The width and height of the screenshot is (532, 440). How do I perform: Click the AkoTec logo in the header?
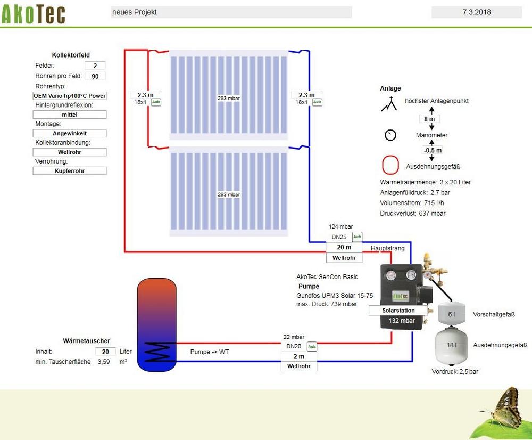pyautogui.click(x=34, y=14)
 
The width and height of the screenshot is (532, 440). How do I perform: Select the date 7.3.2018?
pyautogui.click(x=476, y=12)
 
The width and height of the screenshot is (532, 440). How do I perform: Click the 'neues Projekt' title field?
pyautogui.click(x=231, y=12)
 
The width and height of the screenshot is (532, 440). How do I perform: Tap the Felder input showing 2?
pyautogui.click(x=95, y=66)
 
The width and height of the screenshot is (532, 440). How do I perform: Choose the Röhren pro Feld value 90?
pyautogui.click(x=95, y=76)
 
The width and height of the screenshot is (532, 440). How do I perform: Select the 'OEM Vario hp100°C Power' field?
pyautogui.click(x=70, y=96)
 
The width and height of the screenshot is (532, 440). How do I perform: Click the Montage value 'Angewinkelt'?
pyautogui.click(x=70, y=133)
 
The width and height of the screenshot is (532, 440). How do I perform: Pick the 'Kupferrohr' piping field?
pyautogui.click(x=70, y=171)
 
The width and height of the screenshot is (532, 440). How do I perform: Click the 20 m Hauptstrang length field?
pyautogui.click(x=344, y=247)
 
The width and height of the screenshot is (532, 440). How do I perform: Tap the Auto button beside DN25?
pyautogui.click(x=358, y=237)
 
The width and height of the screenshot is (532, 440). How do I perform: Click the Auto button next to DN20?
pyautogui.click(x=312, y=346)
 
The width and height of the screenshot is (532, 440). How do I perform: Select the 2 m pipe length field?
pyautogui.click(x=298, y=356)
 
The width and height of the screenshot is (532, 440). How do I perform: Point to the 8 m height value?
pyautogui.click(x=432, y=119)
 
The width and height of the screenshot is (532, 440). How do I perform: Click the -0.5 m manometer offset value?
pyautogui.click(x=432, y=150)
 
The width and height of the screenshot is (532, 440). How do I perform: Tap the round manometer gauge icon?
pyautogui.click(x=390, y=135)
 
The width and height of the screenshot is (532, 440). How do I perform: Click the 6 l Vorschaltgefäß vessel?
pyautogui.click(x=452, y=314)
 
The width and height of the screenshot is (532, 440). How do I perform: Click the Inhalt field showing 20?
pyautogui.click(x=105, y=352)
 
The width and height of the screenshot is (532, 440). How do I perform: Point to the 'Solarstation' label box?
pyautogui.click(x=399, y=310)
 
